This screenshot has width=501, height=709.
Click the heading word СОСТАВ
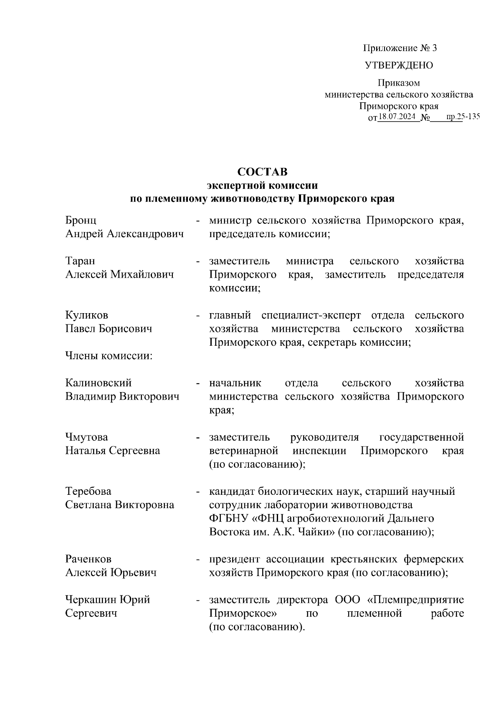click(x=263, y=172)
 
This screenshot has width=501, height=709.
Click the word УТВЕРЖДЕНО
click(x=399, y=66)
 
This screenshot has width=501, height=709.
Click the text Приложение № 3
click(x=400, y=48)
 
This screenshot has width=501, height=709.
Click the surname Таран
click(x=80, y=261)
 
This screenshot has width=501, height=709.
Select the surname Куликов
click(x=87, y=315)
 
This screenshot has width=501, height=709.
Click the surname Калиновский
click(x=99, y=383)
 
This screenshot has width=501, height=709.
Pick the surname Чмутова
click(x=86, y=437)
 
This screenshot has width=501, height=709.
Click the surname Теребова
click(x=88, y=491)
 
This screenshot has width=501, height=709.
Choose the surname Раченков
click(x=88, y=559)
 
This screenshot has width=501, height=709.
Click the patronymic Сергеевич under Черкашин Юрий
click(x=91, y=613)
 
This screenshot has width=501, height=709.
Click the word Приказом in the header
click(x=399, y=83)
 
